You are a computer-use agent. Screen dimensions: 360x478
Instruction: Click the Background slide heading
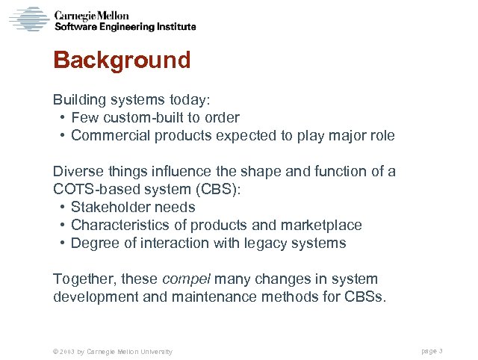point(122,60)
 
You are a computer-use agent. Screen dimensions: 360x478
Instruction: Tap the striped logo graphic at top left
point(28,19)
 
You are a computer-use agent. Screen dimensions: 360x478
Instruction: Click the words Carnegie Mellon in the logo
point(92,15)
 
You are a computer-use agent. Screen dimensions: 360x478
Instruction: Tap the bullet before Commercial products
point(60,136)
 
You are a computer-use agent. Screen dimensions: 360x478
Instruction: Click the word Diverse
point(75,172)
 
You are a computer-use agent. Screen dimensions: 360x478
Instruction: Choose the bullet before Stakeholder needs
point(60,208)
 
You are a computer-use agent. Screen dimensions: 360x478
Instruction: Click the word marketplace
point(321,226)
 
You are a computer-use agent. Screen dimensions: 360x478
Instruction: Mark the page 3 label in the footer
point(432,351)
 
